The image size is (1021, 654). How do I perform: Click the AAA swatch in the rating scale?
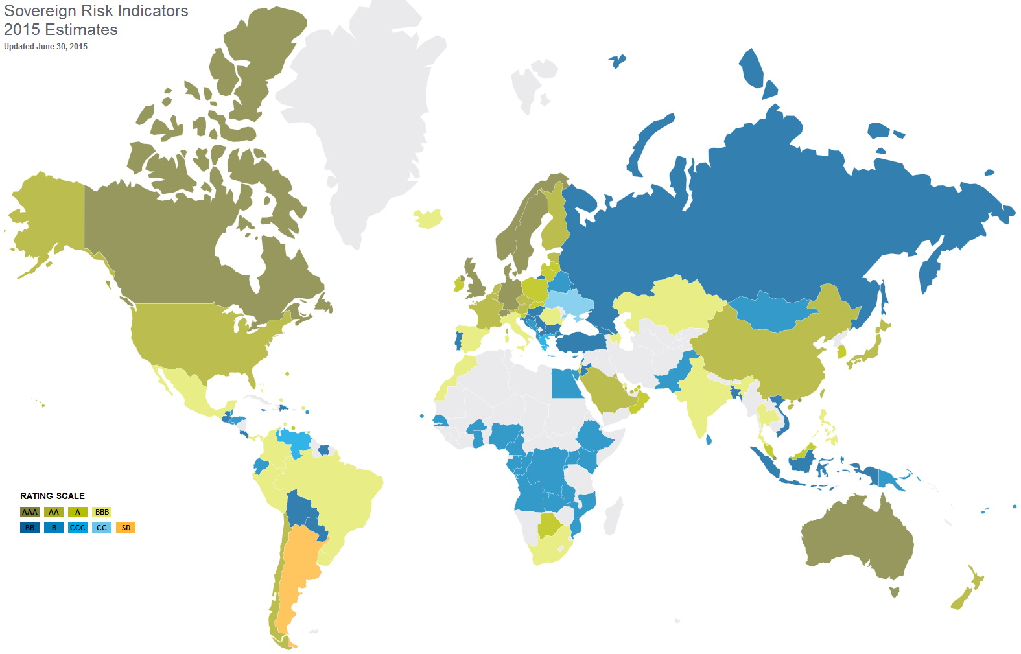tap(30, 512)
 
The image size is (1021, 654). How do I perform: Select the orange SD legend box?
tap(126, 528)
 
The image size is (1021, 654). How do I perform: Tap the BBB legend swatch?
tap(102, 512)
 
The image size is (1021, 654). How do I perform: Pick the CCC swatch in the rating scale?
tap(78, 528)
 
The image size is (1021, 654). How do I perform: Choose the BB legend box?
tap(30, 528)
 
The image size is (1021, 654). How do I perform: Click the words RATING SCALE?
tap(53, 496)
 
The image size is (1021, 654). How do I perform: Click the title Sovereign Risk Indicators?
tap(96, 11)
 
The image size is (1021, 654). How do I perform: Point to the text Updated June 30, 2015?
tap(45, 47)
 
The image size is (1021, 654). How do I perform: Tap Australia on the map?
tap(856, 538)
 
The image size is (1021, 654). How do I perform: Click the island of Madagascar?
tap(612, 515)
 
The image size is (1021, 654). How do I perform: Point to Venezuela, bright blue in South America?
tap(295, 441)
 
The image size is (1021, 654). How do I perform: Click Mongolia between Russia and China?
tap(771, 310)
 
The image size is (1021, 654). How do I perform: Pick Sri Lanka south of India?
tap(709, 439)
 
